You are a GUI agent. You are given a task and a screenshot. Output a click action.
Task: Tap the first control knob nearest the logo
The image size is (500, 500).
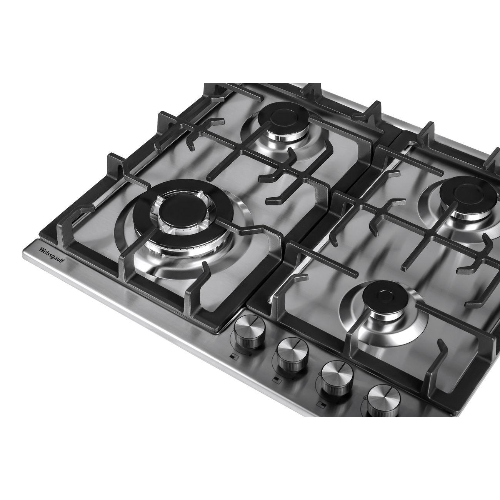pos(249,331)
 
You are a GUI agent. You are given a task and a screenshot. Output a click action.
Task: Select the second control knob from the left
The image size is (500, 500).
pos(292,354)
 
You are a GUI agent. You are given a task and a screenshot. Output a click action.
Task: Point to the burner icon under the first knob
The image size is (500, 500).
pos(234,357)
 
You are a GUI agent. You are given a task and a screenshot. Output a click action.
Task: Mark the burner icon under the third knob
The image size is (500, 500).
pos(321,404)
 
